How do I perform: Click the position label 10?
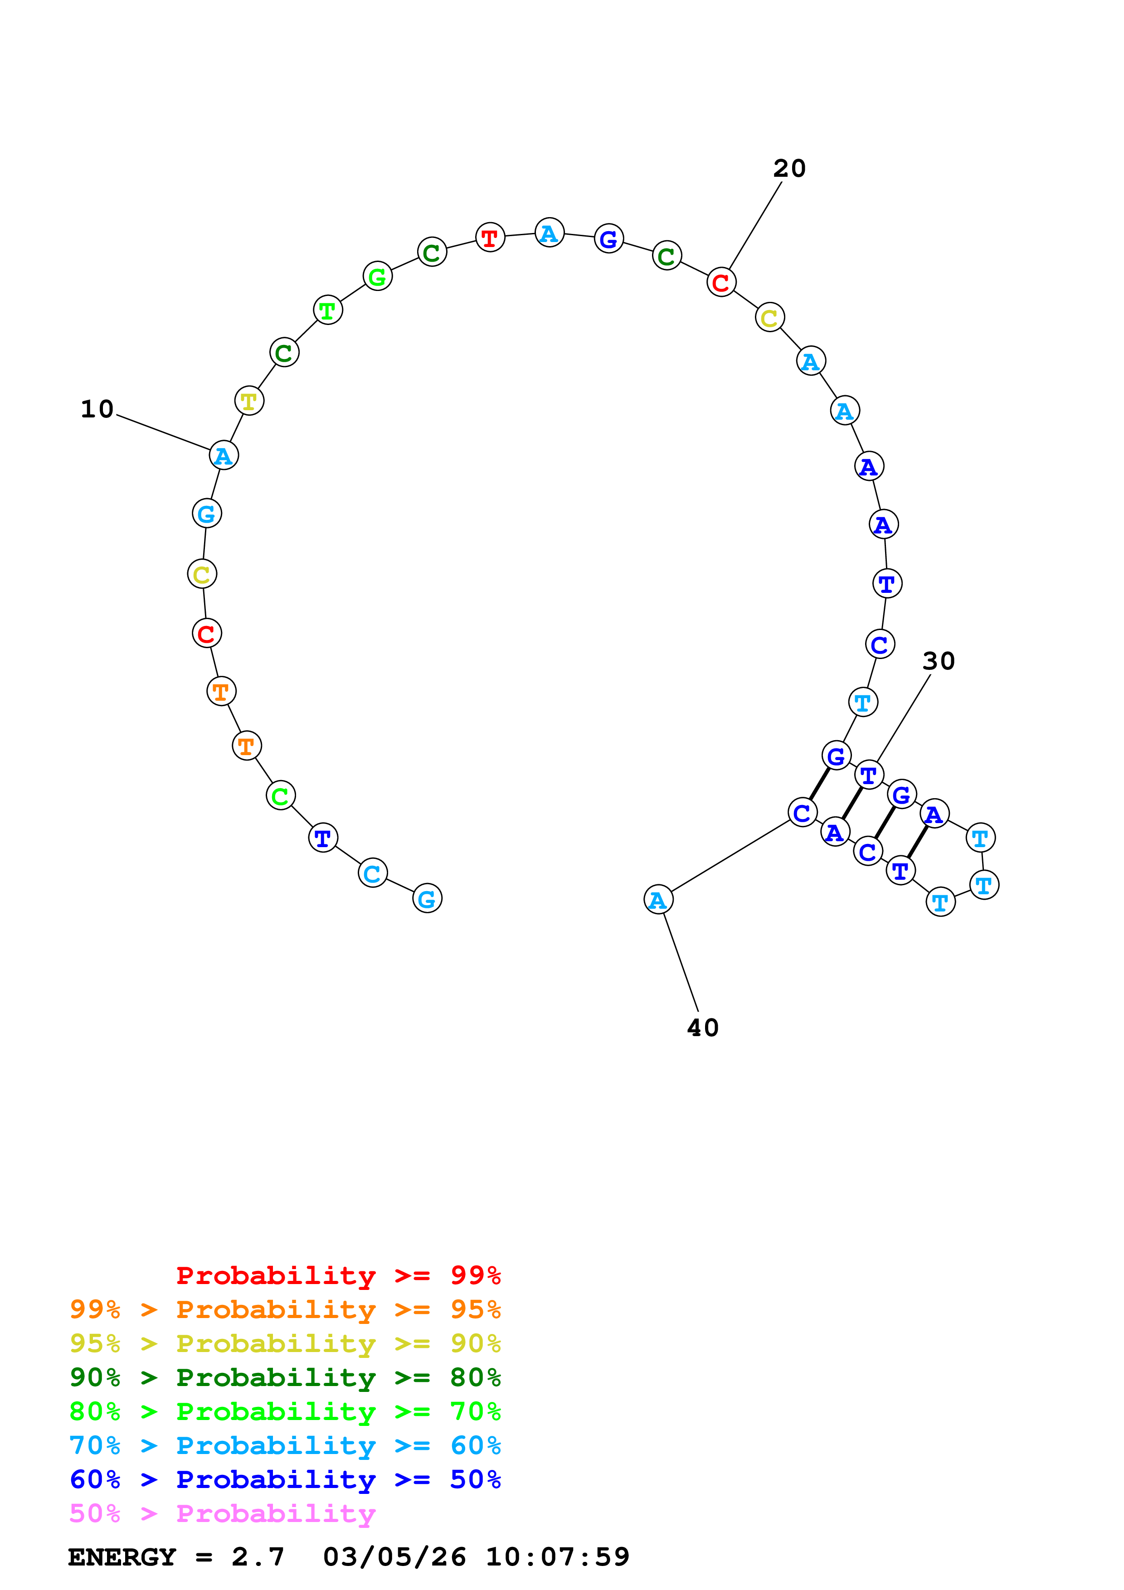pos(97,409)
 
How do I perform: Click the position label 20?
pos(789,168)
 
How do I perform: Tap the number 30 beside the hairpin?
pos(939,661)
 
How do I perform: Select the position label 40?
pos(702,1028)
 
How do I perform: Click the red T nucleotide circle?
pos(490,238)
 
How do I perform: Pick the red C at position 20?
pos(721,282)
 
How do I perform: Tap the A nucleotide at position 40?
pos(658,900)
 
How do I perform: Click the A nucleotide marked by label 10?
pos(224,456)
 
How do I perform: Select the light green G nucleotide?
pos(377,277)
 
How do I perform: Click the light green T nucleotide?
pos(327,310)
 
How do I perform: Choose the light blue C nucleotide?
pos(373,873)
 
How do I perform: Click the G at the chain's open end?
pos(427,899)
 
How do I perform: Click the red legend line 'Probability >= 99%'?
pos(338,1275)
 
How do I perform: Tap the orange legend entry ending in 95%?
pos(285,1309)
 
